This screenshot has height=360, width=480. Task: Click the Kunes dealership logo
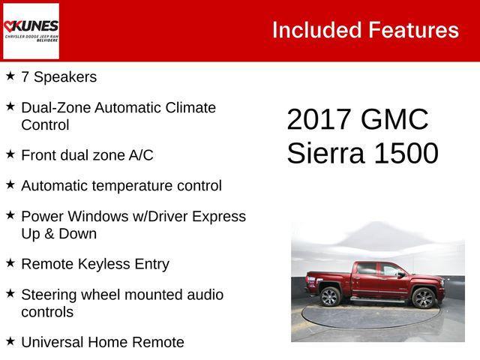point(31,31)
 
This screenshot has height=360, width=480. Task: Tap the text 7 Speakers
point(58,77)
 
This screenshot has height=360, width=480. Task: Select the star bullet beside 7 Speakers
point(10,76)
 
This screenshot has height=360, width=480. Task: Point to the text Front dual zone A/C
point(87,155)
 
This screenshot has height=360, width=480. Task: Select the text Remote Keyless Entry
point(95,264)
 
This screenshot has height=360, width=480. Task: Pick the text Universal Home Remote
point(103,343)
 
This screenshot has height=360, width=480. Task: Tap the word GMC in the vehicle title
point(394,120)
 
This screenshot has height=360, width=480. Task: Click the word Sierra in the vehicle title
point(325,153)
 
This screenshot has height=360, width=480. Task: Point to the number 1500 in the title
point(406,153)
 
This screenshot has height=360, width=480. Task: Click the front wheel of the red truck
point(424,298)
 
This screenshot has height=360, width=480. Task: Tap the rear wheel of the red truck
point(330,297)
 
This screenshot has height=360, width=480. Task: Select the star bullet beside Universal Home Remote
point(10,341)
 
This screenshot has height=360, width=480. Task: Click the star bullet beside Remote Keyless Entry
point(10,263)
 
